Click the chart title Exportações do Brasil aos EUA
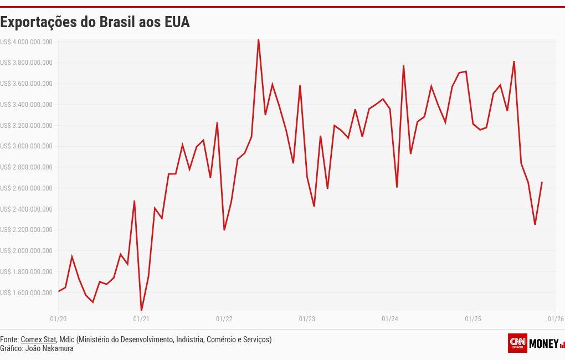(x=95, y=23)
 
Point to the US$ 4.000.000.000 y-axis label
(x=27, y=42)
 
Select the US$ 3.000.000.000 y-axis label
(x=27, y=146)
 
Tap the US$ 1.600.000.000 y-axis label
(x=27, y=292)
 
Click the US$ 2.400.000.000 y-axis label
(x=27, y=209)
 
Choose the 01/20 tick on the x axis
(x=58, y=319)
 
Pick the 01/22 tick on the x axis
(x=224, y=319)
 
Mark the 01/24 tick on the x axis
(x=390, y=319)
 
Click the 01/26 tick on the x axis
(x=556, y=319)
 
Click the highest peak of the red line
(x=258, y=40)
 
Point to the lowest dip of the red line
(x=141, y=310)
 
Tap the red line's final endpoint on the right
(x=542, y=182)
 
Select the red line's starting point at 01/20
(x=59, y=291)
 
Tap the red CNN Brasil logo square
(x=517, y=343)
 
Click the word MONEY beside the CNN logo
(x=544, y=344)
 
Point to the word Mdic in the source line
(x=66, y=340)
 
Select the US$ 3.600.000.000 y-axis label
(x=27, y=84)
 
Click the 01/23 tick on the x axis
(x=307, y=319)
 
